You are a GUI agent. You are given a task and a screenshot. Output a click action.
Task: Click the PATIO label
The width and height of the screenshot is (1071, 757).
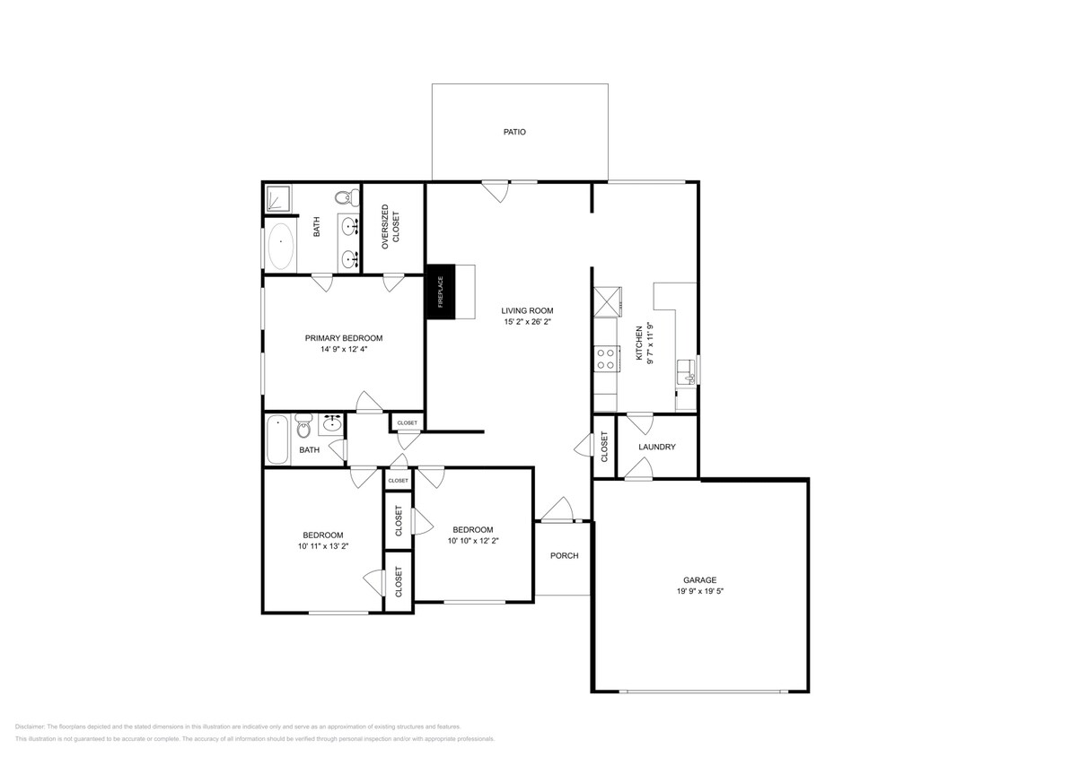click(514, 132)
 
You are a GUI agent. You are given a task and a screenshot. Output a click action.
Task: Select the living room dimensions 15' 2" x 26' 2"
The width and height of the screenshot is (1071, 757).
click(526, 321)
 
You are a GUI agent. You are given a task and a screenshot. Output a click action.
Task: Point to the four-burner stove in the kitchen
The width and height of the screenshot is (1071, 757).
click(605, 359)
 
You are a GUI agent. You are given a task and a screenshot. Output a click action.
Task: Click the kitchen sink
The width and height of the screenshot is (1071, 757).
click(686, 369)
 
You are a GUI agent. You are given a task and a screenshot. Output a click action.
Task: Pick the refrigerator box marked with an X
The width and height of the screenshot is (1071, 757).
click(607, 300)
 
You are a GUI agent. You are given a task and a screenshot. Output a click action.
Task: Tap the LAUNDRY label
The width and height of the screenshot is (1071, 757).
click(656, 447)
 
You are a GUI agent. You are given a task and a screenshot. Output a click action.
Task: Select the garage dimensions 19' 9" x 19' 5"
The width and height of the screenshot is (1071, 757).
click(700, 592)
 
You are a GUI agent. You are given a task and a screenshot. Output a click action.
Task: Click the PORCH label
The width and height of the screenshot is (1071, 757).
click(564, 555)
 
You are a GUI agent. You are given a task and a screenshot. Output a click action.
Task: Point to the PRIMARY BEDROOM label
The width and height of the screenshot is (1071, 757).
click(343, 338)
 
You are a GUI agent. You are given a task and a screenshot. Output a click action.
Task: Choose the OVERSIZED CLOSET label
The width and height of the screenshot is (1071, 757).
click(391, 227)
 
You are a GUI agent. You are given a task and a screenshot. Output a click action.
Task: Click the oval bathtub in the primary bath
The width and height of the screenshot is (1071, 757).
click(281, 247)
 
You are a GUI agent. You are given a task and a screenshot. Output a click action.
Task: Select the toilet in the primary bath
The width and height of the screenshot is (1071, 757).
click(342, 197)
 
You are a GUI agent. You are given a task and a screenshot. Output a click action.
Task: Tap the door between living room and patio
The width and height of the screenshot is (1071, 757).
click(496, 190)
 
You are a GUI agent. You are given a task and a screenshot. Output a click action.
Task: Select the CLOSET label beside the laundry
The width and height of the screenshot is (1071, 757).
click(604, 447)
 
